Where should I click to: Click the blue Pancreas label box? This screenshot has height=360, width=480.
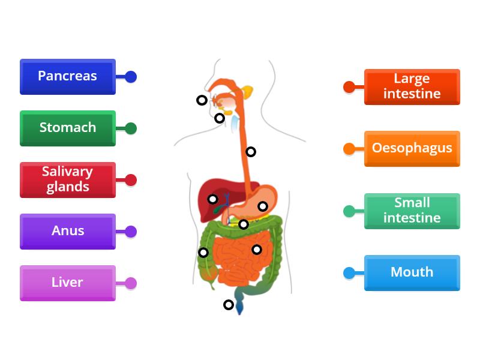(67, 76)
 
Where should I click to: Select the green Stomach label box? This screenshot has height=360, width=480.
(67, 128)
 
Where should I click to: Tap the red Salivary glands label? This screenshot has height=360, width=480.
(67, 179)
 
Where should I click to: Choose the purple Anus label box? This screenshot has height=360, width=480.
(67, 231)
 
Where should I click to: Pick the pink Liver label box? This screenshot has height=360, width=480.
(67, 283)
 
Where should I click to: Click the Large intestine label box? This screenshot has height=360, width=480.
(412, 86)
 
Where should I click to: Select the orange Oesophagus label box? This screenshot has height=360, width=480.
(412, 148)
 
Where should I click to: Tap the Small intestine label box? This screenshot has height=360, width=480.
(412, 211)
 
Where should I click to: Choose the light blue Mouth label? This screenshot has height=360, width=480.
(412, 272)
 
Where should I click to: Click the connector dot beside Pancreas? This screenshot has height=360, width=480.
(131, 77)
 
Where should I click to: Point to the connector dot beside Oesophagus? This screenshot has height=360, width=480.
(349, 149)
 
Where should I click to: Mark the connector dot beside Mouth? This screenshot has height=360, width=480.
(349, 273)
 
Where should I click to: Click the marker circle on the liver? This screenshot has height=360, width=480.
(212, 199)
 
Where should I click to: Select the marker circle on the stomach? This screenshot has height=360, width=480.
(263, 206)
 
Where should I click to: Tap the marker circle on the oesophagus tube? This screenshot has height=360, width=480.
(251, 152)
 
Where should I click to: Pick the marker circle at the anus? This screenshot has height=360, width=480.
(229, 305)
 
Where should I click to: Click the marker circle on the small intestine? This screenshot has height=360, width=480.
(257, 250)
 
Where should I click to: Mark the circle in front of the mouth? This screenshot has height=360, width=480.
(202, 100)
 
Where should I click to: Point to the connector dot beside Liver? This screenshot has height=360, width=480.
(131, 283)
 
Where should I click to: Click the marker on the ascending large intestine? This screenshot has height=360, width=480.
(204, 253)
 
